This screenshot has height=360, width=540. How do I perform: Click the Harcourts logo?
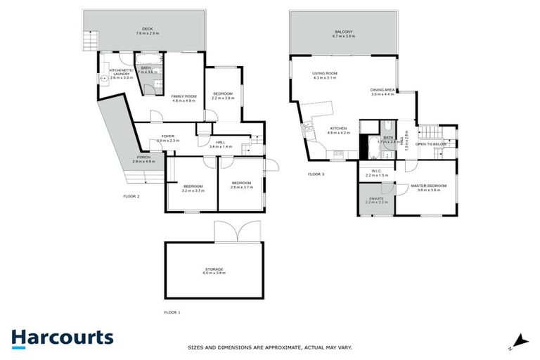tap(63, 337)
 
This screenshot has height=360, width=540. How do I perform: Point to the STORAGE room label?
tap(214, 269)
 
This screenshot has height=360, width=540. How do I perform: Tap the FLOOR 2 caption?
tap(131, 196)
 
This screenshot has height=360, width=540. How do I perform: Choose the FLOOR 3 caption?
tap(316, 174)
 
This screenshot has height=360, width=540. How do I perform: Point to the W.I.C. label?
tap(373, 171)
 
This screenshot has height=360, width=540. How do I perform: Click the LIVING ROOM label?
tap(326, 73)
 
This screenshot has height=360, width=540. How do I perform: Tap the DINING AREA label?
tap(383, 90)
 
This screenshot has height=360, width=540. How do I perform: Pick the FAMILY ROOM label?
tap(184, 96)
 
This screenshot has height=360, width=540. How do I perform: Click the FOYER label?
tap(167, 136)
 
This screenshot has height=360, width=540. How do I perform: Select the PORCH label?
tap(143, 157)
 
